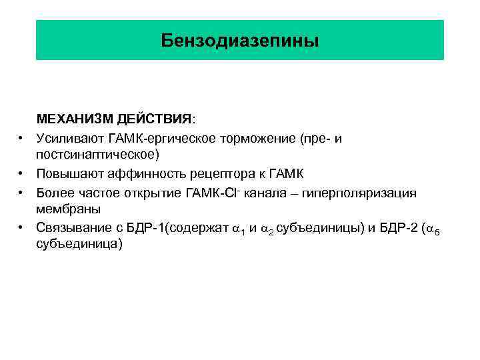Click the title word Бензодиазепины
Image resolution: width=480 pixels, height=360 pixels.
240,41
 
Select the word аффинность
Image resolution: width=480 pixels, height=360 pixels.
137,174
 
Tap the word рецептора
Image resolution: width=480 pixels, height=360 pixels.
208,174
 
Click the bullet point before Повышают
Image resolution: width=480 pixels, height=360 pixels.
22,174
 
